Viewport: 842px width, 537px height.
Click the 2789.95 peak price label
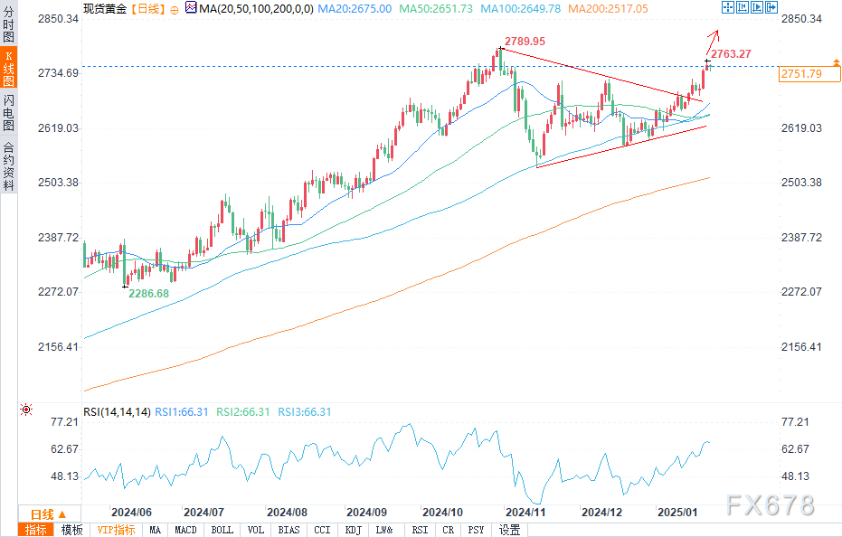524,42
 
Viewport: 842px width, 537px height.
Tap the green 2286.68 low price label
149,294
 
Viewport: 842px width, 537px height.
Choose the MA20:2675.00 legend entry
360,8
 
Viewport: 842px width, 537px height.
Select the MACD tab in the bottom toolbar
185,530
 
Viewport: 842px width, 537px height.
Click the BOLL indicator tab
222,530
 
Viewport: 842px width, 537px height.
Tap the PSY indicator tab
477,530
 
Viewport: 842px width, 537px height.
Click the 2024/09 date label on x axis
366,511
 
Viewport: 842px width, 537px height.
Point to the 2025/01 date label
678,511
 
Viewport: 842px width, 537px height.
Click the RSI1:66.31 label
181,412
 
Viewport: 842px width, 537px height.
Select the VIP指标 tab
116,530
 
